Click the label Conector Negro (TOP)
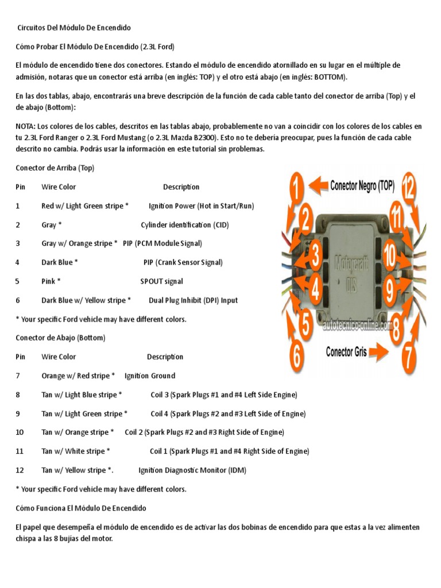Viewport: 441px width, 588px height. click(x=362, y=185)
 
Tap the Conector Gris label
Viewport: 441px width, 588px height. click(x=347, y=351)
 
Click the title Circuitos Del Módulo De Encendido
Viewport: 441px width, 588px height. click(x=73, y=28)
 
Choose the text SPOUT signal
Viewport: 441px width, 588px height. click(x=161, y=281)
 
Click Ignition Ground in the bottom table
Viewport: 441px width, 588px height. click(x=149, y=376)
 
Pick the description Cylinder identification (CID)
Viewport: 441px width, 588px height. click(x=184, y=225)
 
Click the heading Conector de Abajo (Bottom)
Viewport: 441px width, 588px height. click(x=60, y=338)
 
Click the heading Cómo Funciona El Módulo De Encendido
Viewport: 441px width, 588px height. click(x=80, y=508)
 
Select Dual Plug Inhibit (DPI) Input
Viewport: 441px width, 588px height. click(x=193, y=300)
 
